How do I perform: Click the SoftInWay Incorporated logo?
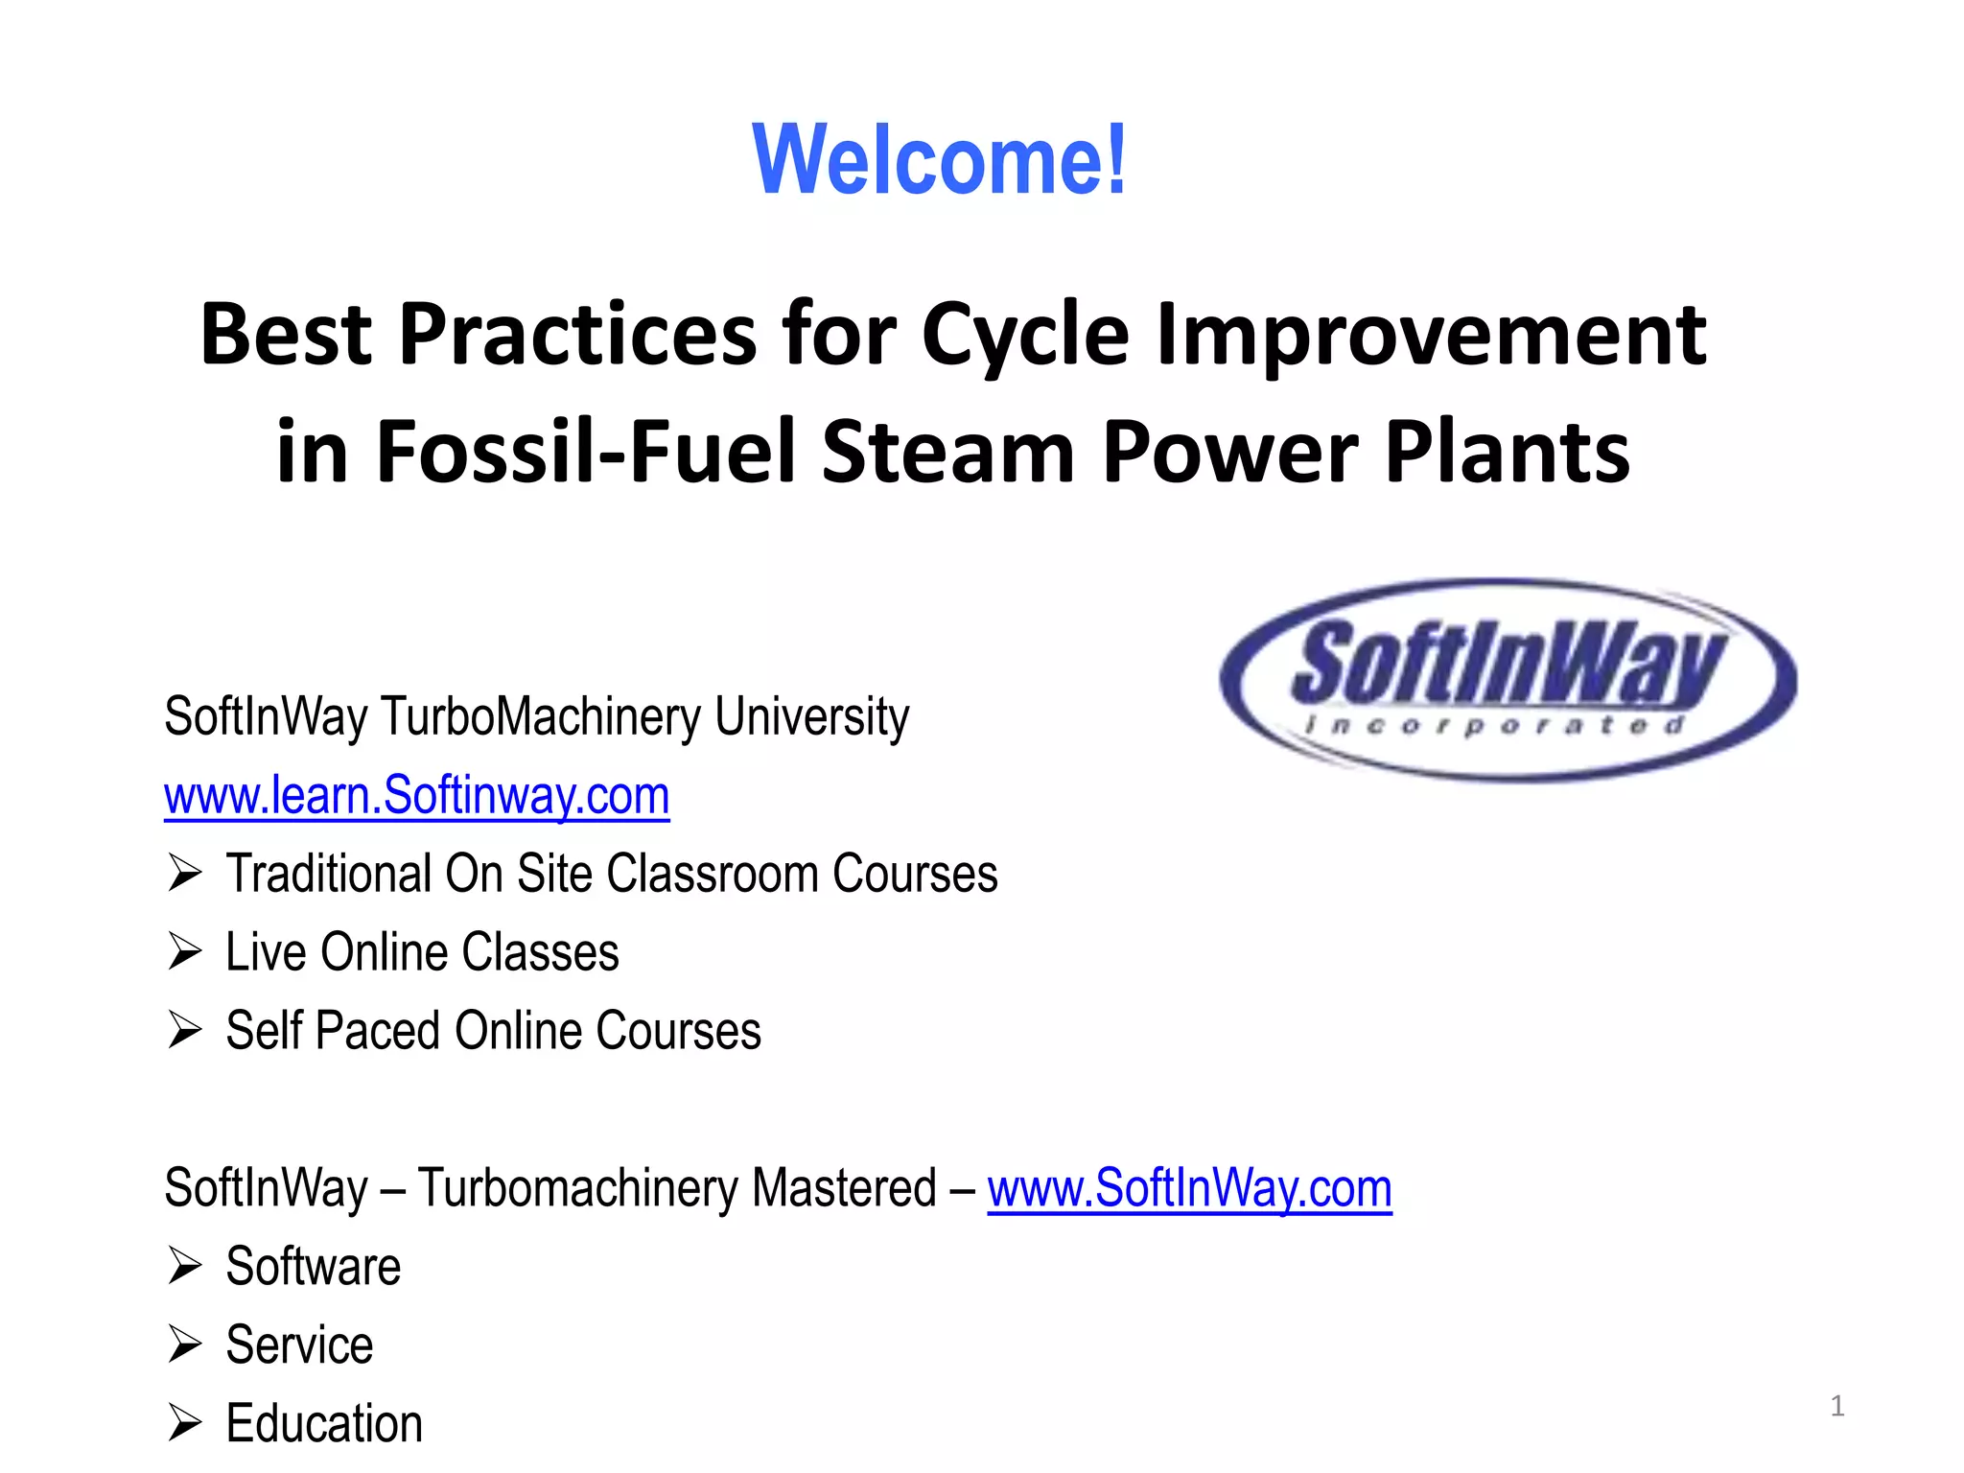1508,680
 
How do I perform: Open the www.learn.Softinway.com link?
416,795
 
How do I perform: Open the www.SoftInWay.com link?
1189,1188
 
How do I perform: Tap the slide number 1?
1836,1406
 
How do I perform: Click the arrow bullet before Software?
184,1266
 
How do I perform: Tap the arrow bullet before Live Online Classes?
184,952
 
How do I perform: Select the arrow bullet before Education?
184,1423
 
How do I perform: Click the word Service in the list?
299,1344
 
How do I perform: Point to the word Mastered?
844,1188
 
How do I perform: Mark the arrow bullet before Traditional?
184,874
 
